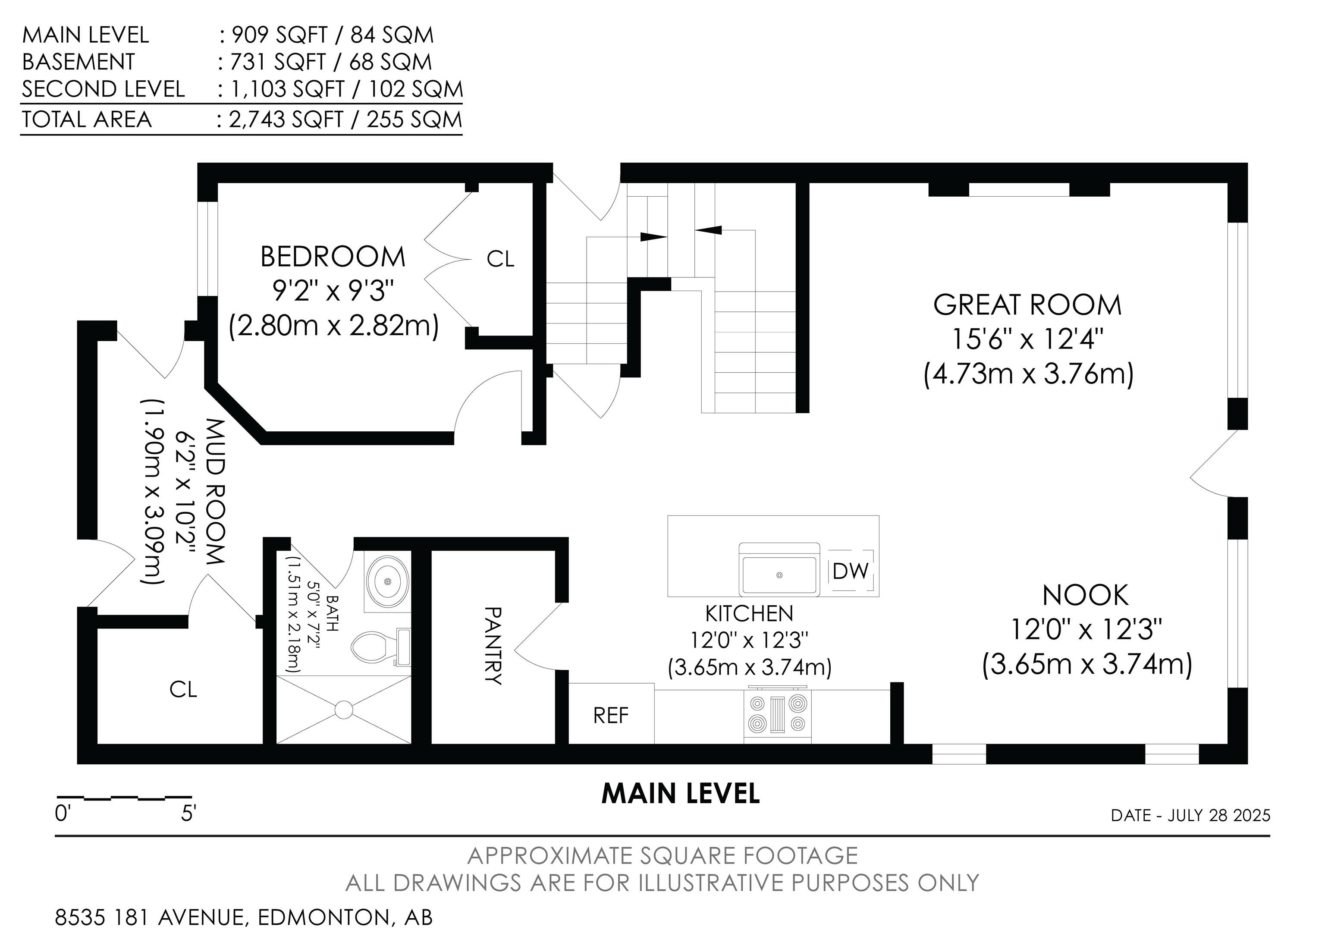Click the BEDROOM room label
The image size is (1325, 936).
333,257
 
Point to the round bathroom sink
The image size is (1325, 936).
388,581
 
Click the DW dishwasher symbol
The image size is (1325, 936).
851,571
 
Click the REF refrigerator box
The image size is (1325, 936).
611,714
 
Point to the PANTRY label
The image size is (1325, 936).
492,645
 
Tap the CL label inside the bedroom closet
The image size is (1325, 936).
500,259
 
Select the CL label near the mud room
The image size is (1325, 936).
183,689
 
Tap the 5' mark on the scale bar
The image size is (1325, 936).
189,814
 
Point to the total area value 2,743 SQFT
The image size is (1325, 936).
286,119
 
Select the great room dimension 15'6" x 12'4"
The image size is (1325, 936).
1027,339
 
